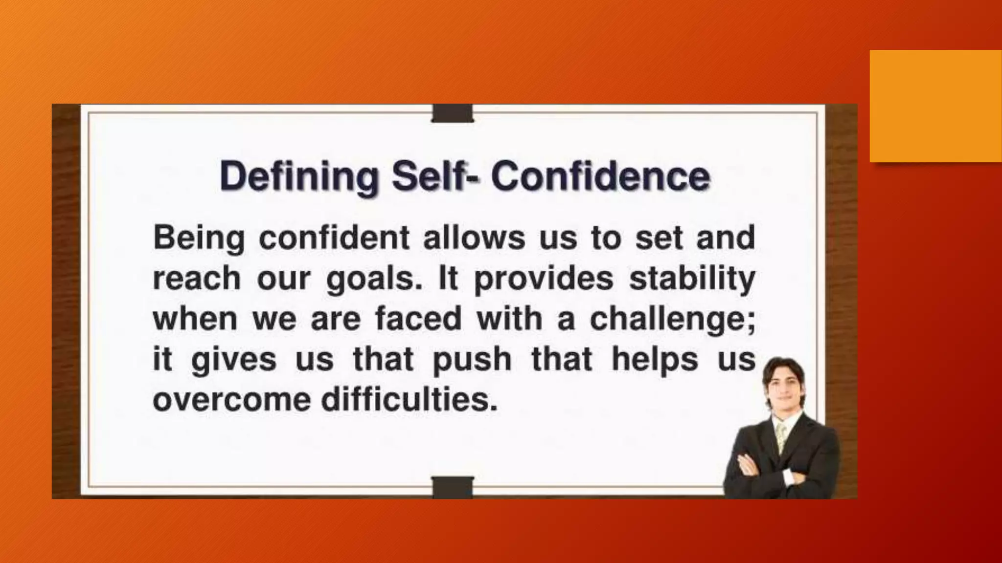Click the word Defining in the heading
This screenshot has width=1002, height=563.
coord(299,177)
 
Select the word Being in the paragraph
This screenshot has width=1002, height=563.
coord(199,239)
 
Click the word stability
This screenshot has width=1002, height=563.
coord(692,280)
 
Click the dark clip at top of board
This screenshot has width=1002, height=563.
coord(453,113)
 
